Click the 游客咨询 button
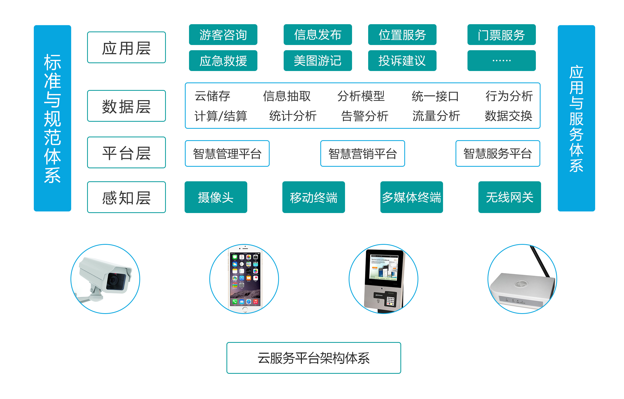click(x=223, y=35)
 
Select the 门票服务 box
click(x=501, y=35)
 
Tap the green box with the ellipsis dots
click(x=501, y=61)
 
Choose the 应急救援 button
click(x=223, y=61)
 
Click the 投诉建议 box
click(x=402, y=61)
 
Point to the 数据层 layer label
click(x=126, y=106)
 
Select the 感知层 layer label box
click(x=126, y=197)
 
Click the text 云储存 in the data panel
click(x=212, y=96)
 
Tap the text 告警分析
click(x=365, y=116)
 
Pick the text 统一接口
click(x=435, y=96)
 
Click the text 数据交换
click(x=508, y=116)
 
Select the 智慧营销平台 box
click(x=362, y=153)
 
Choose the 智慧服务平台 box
click(x=498, y=153)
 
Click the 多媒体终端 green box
click(x=411, y=197)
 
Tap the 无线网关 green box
click(x=510, y=197)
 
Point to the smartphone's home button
click(x=245, y=309)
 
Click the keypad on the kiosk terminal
click(x=390, y=301)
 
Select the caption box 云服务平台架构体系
click(x=314, y=358)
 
